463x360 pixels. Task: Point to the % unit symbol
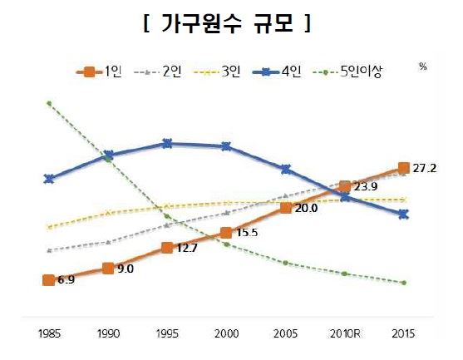422,67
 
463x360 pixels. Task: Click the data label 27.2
425,168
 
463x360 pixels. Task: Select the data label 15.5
247,233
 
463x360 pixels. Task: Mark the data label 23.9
366,186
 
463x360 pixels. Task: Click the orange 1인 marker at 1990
108,268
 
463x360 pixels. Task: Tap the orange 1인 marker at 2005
286,207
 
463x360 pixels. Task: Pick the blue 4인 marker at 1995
167,143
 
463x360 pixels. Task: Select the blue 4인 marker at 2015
404,214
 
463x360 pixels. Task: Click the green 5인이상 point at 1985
49,103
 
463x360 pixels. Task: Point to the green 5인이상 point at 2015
404,283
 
